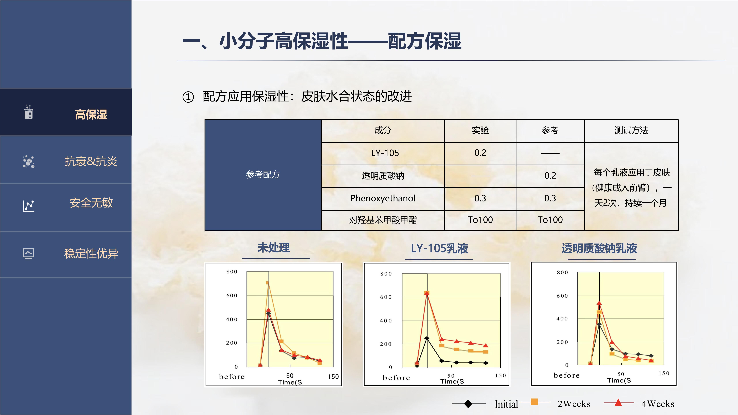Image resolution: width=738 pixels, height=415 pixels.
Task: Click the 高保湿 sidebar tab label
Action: (x=91, y=115)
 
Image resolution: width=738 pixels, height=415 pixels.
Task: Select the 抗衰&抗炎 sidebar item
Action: (x=91, y=161)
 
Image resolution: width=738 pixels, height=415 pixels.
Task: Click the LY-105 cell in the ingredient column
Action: (x=385, y=153)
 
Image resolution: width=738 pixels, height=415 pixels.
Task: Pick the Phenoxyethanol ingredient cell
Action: (x=383, y=198)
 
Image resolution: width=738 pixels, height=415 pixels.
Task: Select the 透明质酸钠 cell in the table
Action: (x=383, y=176)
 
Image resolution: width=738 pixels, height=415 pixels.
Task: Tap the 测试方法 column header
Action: (x=631, y=130)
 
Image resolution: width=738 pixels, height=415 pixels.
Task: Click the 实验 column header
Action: (x=480, y=130)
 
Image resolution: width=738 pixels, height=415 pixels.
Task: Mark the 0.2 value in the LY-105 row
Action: (x=480, y=153)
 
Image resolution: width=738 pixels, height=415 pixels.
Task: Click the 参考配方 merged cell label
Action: (x=263, y=174)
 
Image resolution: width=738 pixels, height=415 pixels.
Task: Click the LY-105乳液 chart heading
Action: (x=439, y=248)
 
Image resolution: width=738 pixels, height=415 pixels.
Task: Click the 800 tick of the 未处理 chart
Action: (x=232, y=271)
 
